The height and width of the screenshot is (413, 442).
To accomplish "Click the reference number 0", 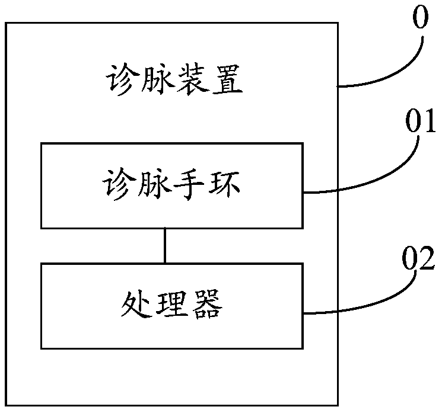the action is coord(421,17).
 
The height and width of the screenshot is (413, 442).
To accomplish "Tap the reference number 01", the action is coord(420,121).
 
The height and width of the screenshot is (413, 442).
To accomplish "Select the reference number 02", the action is coord(418,258).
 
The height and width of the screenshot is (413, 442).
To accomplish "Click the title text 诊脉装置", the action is coord(174,79).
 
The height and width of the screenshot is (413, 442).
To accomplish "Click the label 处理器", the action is coord(171,305).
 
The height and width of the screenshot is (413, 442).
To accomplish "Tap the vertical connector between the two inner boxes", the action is coord(165,245).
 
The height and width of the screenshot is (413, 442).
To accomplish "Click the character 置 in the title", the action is coord(227,79).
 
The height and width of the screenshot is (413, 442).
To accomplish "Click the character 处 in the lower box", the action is coord(136,305).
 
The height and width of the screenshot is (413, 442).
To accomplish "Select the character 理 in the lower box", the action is coord(172,305).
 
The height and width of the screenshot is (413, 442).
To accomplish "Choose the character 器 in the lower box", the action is coord(207,305).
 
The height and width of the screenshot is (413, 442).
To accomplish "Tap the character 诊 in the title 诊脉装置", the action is coord(122,79).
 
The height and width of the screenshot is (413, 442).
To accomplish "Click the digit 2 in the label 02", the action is coord(426,258).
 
